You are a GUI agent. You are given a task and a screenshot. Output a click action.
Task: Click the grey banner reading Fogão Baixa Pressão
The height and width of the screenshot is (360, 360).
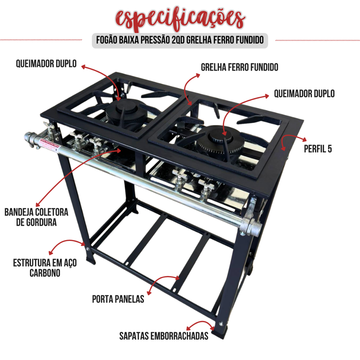click(x=180, y=40)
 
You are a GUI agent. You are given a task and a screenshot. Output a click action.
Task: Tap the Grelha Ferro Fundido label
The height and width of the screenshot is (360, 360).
click(x=239, y=67)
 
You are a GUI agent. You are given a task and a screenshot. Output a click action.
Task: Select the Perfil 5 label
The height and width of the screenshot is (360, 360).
click(x=318, y=149)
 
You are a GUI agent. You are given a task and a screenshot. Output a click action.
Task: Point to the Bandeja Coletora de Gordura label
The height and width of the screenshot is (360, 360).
click(x=36, y=217)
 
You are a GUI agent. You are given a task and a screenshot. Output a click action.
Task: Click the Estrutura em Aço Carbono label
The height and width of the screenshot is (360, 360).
click(x=45, y=268)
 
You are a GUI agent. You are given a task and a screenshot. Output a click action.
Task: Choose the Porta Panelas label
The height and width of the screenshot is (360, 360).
click(x=118, y=299)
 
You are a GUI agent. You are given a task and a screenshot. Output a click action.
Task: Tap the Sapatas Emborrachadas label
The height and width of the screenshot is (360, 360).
click(x=164, y=336)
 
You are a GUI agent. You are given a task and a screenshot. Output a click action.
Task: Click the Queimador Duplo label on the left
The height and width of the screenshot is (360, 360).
click(x=46, y=64)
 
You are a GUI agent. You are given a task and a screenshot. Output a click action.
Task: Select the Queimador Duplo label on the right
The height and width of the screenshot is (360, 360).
click(x=304, y=94)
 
